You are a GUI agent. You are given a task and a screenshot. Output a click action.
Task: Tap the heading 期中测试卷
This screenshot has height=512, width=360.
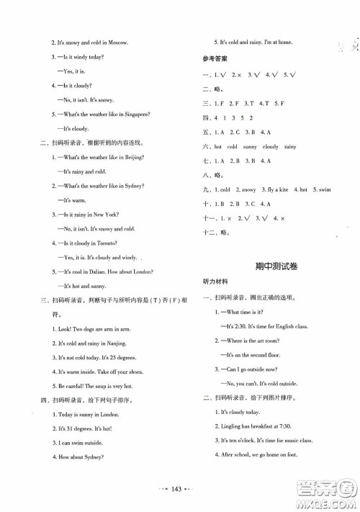coord(271,266)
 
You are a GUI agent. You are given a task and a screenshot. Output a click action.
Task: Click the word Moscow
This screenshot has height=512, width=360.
coord(117,42)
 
